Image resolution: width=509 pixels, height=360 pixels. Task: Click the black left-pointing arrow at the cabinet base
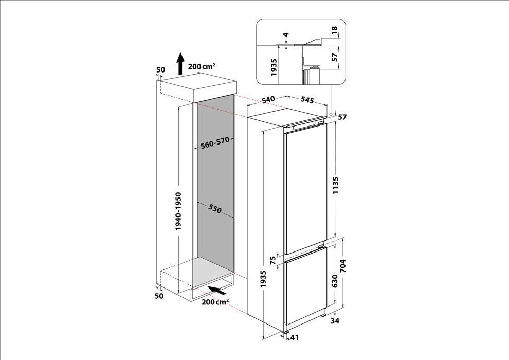[x=215, y=290]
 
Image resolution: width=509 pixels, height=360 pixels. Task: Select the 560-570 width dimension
[x=215, y=143]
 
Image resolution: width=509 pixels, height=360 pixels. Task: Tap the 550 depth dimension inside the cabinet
[x=215, y=209]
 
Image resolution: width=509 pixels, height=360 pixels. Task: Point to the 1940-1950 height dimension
[x=178, y=211]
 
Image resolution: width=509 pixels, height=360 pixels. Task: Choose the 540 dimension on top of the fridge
[x=268, y=100]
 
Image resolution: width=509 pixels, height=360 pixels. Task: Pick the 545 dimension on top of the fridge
[x=307, y=100]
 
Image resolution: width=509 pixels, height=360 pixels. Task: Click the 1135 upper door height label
[x=335, y=185]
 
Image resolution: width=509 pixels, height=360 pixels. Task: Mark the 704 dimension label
[x=343, y=266]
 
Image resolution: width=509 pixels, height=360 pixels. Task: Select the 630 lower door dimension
[x=335, y=281]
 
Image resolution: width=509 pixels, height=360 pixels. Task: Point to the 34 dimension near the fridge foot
[x=335, y=321]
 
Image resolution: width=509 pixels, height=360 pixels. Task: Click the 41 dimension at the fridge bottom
[x=294, y=337]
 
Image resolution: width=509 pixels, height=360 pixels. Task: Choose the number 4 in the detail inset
[x=286, y=35]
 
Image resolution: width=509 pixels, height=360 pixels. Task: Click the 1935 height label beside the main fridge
[x=263, y=279]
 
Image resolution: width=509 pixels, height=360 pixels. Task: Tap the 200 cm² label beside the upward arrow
[x=202, y=66]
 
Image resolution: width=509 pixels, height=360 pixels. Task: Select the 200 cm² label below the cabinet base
[x=215, y=302]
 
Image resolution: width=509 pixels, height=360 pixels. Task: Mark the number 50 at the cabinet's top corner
[x=161, y=70]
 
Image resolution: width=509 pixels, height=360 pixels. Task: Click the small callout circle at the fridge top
[x=330, y=114]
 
